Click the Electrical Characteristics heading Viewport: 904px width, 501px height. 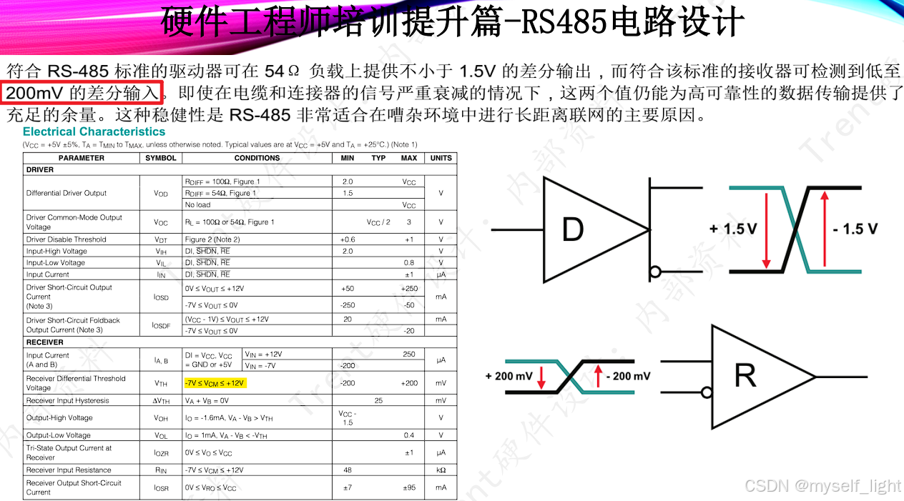pyautogui.click(x=94, y=132)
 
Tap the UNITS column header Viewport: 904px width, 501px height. pyautogui.click(x=441, y=158)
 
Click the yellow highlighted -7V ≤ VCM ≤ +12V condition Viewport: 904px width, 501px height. pyautogui.click(x=215, y=383)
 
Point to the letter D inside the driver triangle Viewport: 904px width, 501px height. pyautogui.click(x=572, y=229)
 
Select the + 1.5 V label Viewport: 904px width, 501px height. pyautogui.click(x=732, y=229)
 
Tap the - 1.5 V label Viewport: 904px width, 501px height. pyautogui.click(x=855, y=229)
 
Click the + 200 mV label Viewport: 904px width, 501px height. pyautogui.click(x=508, y=376)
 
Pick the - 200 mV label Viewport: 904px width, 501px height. pyautogui.click(x=627, y=376)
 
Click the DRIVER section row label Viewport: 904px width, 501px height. pyautogui.click(x=40, y=170)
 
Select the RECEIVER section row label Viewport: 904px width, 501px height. pyautogui.click(x=45, y=342)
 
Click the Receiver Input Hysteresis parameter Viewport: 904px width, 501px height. pyautogui.click(x=67, y=401)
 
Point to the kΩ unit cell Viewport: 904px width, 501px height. pyautogui.click(x=441, y=470)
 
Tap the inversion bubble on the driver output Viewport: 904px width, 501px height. pyautogui.click(x=654, y=272)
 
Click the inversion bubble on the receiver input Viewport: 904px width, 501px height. pyautogui.click(x=707, y=392)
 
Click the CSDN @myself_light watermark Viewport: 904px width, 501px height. pyautogui.click(x=822, y=486)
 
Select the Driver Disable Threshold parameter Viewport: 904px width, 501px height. pyautogui.click(x=66, y=239)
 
